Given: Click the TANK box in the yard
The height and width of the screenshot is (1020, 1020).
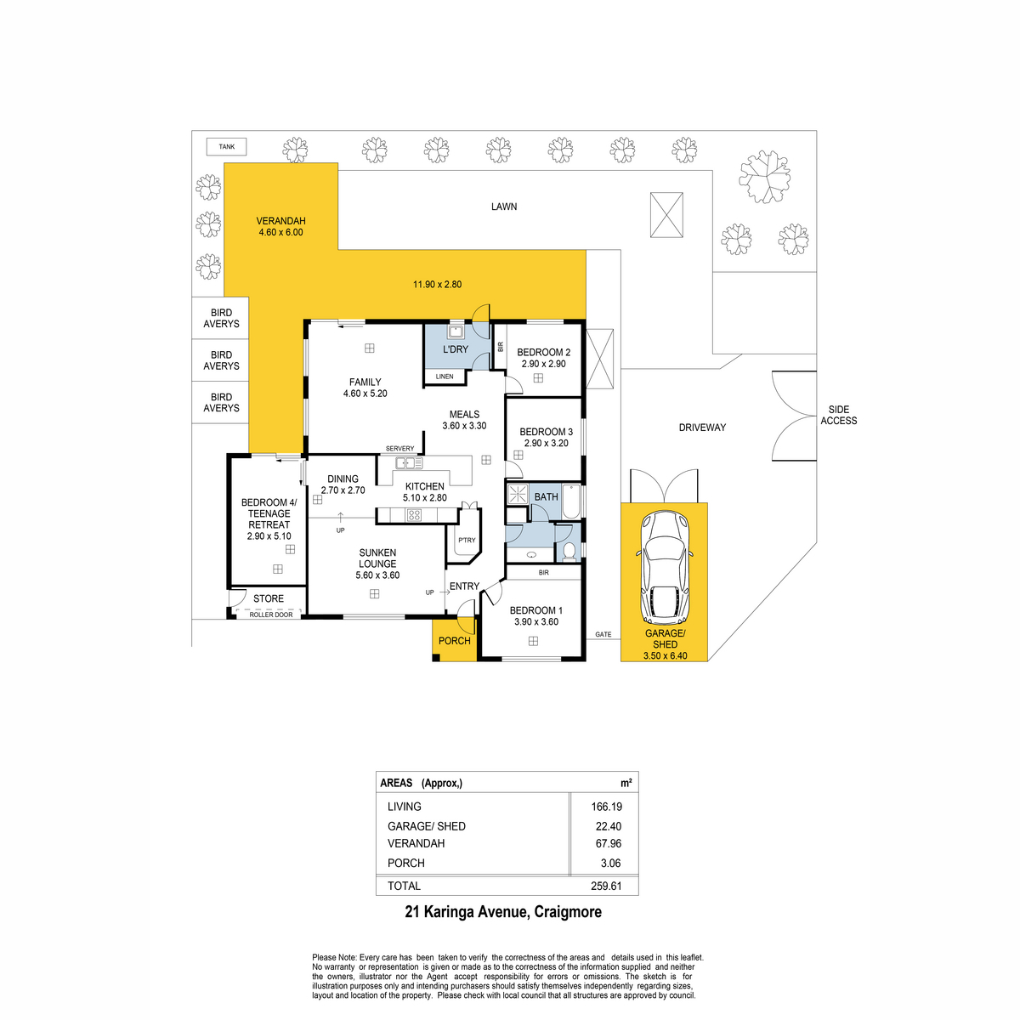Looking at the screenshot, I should click(226, 147).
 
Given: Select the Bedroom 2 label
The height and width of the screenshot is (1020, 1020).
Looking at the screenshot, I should click(543, 353).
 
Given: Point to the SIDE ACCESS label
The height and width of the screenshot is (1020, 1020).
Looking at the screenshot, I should click(838, 415).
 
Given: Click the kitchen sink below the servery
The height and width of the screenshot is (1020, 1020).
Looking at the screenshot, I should click(408, 463).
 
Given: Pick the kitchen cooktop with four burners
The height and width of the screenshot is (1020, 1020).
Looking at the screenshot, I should click(414, 514).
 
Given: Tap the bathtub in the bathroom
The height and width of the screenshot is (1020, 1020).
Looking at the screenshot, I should click(570, 501).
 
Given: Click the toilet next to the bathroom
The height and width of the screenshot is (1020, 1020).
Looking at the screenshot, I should click(569, 552).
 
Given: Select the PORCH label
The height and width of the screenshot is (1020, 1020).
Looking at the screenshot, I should click(454, 641).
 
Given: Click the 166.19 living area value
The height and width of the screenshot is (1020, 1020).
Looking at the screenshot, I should click(607, 807).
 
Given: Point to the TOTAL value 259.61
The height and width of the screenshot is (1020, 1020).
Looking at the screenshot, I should click(607, 886).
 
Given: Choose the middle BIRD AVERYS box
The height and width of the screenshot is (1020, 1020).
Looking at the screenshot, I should click(221, 360).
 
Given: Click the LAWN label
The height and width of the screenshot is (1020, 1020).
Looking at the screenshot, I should click(504, 207).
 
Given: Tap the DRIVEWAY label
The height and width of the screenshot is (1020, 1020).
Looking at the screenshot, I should click(702, 428).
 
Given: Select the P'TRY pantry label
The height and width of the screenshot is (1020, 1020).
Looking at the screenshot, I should click(467, 541).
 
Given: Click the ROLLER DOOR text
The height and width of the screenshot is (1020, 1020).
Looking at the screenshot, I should click(271, 615).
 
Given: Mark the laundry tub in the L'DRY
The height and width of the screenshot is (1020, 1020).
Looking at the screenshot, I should click(456, 332).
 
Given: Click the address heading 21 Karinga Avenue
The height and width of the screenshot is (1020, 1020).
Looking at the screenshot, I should click(503, 912).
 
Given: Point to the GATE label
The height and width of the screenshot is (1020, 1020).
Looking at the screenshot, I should click(603, 634).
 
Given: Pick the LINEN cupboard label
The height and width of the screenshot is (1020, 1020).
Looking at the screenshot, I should click(445, 376).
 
